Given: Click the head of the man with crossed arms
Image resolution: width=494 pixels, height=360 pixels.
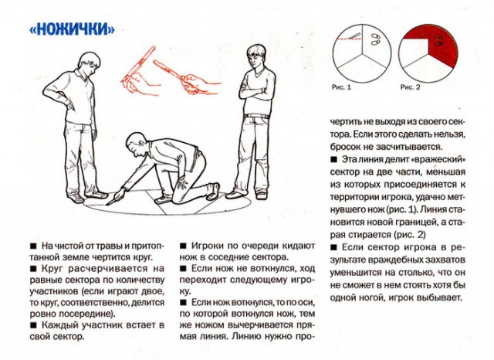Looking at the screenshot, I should [x=255, y=56].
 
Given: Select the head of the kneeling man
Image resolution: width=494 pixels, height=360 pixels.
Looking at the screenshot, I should [x=137, y=144].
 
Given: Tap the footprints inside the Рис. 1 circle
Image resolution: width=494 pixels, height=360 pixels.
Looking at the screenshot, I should [x=375, y=37].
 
